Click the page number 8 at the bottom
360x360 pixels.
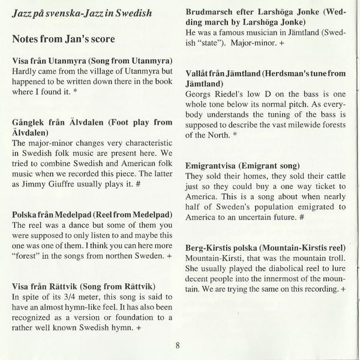point(178,344)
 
